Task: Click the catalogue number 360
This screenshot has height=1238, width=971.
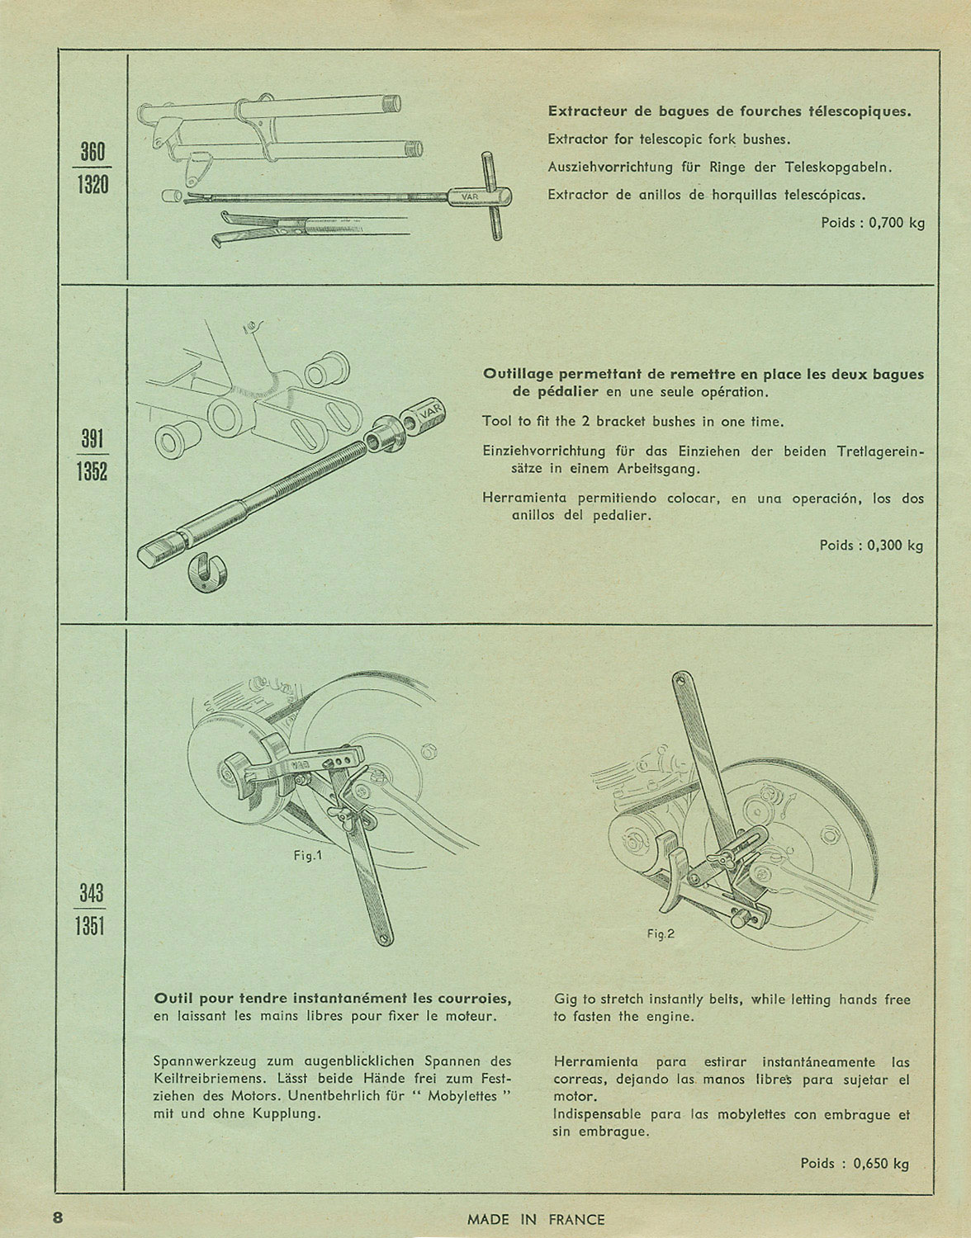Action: point(92,152)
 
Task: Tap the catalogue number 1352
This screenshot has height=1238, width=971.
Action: point(92,470)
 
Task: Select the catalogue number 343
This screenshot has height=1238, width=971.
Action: point(91,892)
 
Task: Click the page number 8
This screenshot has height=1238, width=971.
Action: point(58,1218)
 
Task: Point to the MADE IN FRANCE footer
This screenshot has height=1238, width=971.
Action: point(536,1220)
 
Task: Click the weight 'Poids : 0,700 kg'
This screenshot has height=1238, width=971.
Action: point(873,223)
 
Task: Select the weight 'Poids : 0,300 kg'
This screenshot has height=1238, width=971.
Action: point(871,546)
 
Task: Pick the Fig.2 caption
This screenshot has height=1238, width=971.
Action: point(661,933)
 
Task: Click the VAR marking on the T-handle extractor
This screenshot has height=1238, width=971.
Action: point(471,197)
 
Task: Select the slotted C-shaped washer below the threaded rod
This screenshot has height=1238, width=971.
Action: point(207,572)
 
